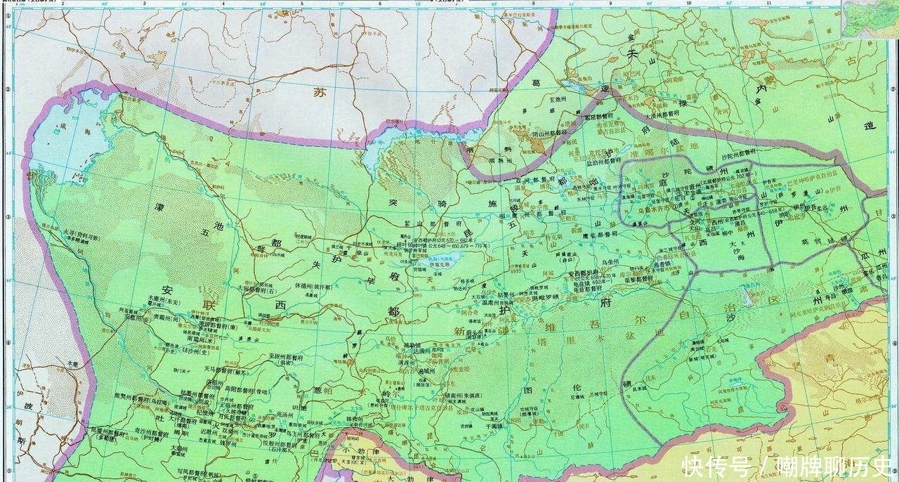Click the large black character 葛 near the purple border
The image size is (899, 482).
(537, 82)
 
